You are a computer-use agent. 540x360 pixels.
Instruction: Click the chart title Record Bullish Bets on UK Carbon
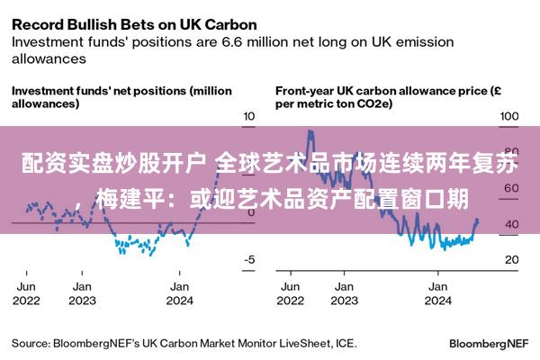pos(134,25)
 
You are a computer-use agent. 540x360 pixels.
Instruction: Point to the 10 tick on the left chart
pos(249,116)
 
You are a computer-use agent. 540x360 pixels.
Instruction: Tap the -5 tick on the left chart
pos(249,259)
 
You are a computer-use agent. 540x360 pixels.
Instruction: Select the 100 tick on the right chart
pos(509,116)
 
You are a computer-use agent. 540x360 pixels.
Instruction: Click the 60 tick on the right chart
pos(511,188)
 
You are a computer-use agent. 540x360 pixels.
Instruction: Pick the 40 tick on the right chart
pos(511,224)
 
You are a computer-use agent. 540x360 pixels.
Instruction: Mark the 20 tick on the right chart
pos(512,259)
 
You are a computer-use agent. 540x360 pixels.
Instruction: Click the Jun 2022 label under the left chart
pos(26,293)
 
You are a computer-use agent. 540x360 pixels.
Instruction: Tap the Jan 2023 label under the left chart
pos(82,293)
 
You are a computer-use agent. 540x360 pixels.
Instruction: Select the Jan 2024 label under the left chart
pos(179,293)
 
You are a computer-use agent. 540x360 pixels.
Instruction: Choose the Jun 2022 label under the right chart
pos(291,293)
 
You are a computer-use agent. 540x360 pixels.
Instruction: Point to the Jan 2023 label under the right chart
pos(345,293)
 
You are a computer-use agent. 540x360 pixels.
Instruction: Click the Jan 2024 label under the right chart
pos(438,293)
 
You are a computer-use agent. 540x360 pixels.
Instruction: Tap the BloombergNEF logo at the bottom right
pos(489,344)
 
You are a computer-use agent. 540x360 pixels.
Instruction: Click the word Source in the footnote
pos(31,344)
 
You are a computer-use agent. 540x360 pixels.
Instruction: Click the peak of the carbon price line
pos(310,130)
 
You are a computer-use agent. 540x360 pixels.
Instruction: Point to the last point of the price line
pos(477,220)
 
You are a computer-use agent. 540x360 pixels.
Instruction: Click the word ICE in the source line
pos(346,344)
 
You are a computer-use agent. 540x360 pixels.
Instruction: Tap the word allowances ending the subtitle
pos(49,58)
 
